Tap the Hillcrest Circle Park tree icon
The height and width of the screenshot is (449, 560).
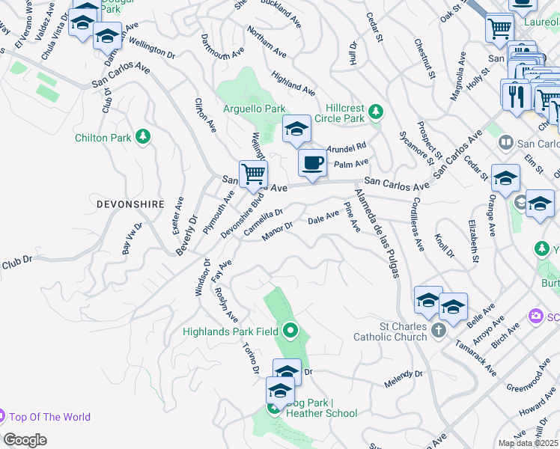point(376,112)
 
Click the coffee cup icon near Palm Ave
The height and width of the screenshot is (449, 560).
point(312,162)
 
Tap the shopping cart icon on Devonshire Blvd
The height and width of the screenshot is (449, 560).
point(254,174)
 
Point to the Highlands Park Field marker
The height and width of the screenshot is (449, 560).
point(290,330)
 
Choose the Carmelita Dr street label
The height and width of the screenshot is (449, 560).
point(263,222)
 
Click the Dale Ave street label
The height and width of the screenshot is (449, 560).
point(323,219)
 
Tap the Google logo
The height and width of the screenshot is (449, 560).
point(25,440)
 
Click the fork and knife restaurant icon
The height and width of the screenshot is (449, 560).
point(516,96)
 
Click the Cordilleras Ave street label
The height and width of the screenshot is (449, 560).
point(416,221)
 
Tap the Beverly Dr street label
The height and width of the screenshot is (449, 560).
point(186,235)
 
